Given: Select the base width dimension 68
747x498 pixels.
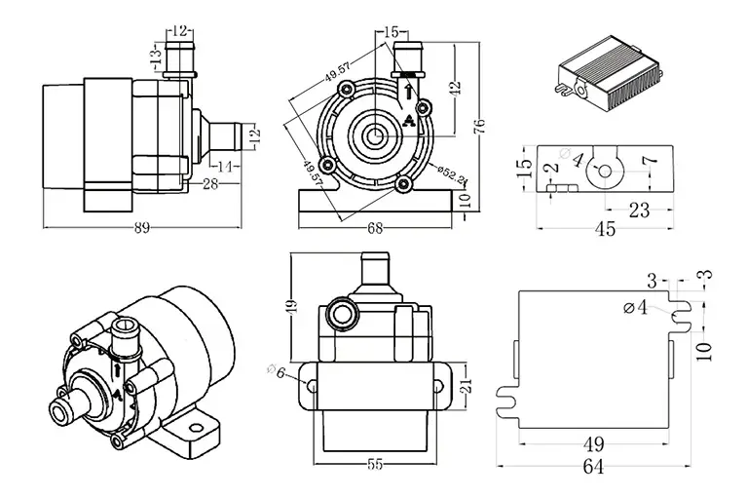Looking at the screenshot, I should (374, 229).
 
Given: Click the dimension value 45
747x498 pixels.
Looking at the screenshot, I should (605, 229).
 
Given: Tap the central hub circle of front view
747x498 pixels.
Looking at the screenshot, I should (375, 134).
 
